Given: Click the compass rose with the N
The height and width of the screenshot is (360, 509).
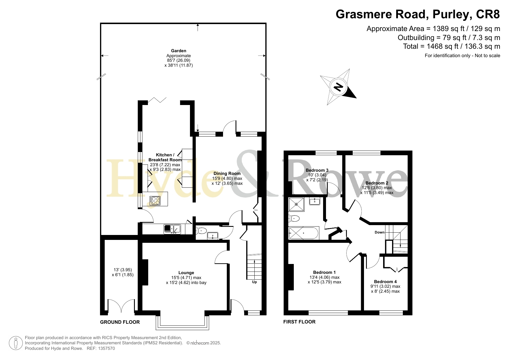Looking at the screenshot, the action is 338,87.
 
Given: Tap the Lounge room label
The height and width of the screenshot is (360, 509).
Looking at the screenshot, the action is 186,273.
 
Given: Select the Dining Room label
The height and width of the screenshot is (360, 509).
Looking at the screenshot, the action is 227,173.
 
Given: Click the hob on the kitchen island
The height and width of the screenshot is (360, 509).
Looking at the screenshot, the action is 155,201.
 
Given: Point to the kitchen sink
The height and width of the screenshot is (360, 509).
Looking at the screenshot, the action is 172,229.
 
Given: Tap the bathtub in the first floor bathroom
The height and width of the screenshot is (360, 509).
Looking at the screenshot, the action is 304,233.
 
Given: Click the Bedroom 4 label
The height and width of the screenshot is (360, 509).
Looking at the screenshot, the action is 385,282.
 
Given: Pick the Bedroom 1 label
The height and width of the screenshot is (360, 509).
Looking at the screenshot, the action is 325,272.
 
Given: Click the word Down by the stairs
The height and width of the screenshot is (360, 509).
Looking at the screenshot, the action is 380,232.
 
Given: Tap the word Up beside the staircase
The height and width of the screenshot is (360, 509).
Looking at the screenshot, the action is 254,282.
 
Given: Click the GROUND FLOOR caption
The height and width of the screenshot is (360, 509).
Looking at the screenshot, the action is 120,322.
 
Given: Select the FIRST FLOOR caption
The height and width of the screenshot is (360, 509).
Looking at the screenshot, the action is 299,322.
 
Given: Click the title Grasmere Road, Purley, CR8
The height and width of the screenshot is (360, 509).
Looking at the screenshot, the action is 418,14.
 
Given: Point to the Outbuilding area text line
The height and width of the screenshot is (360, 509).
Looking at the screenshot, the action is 449,38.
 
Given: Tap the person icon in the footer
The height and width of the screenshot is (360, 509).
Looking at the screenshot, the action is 16,343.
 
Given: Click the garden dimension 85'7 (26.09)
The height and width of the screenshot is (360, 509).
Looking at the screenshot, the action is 179,61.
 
